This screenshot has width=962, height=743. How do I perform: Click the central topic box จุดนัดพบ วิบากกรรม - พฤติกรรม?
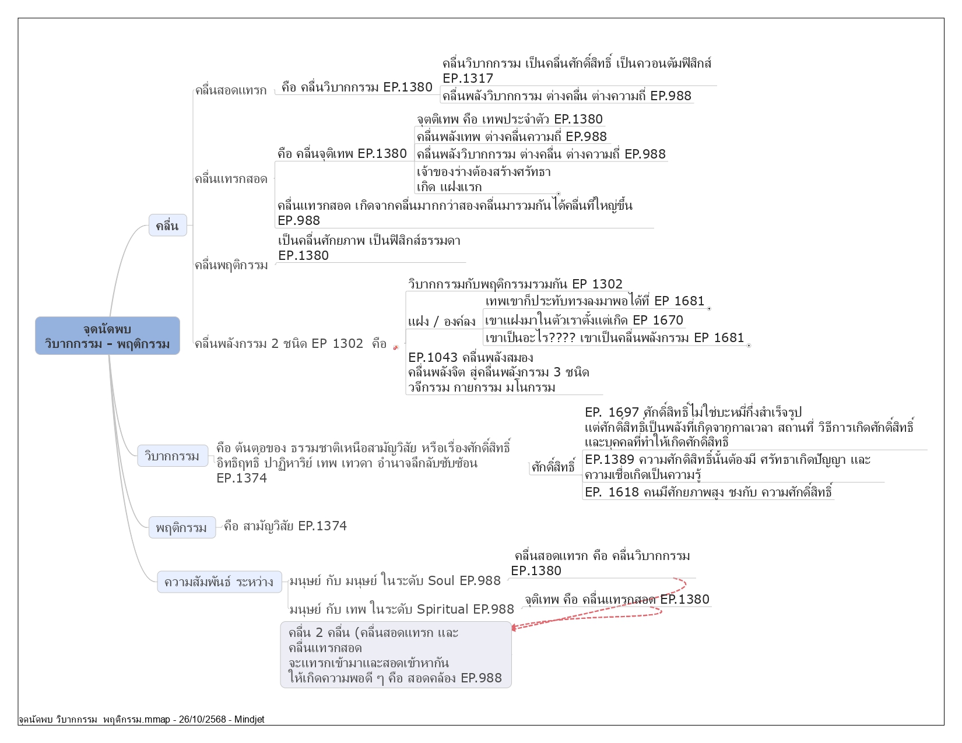[107, 336]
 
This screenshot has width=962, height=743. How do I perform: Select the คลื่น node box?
[167, 226]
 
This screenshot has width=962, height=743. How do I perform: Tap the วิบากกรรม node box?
[172, 456]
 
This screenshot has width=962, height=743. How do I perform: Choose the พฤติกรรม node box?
[181, 527]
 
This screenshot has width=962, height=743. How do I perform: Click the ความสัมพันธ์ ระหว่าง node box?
[219, 582]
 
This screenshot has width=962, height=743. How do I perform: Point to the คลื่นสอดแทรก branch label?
[231, 90]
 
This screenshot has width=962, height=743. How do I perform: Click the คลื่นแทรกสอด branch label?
[231, 179]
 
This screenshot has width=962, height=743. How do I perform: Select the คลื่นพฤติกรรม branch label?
[231, 265]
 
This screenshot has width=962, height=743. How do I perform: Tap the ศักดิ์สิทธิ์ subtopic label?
[553, 467]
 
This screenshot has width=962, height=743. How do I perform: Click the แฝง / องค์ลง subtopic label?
[441, 321]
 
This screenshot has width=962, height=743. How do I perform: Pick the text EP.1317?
[468, 78]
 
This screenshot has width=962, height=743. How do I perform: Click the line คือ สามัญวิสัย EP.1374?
[285, 526]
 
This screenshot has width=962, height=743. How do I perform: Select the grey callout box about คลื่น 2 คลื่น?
[395, 655]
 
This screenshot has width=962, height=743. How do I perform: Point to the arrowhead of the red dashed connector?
[514, 627]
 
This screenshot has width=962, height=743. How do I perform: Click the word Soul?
[441, 580]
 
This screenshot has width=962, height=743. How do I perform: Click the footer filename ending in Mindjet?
[141, 720]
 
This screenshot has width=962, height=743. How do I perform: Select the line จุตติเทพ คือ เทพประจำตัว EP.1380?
[510, 119]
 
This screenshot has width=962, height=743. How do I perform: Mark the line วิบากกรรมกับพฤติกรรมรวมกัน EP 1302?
[515, 284]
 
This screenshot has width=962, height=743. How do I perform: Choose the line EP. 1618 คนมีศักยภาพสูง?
[708, 492]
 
